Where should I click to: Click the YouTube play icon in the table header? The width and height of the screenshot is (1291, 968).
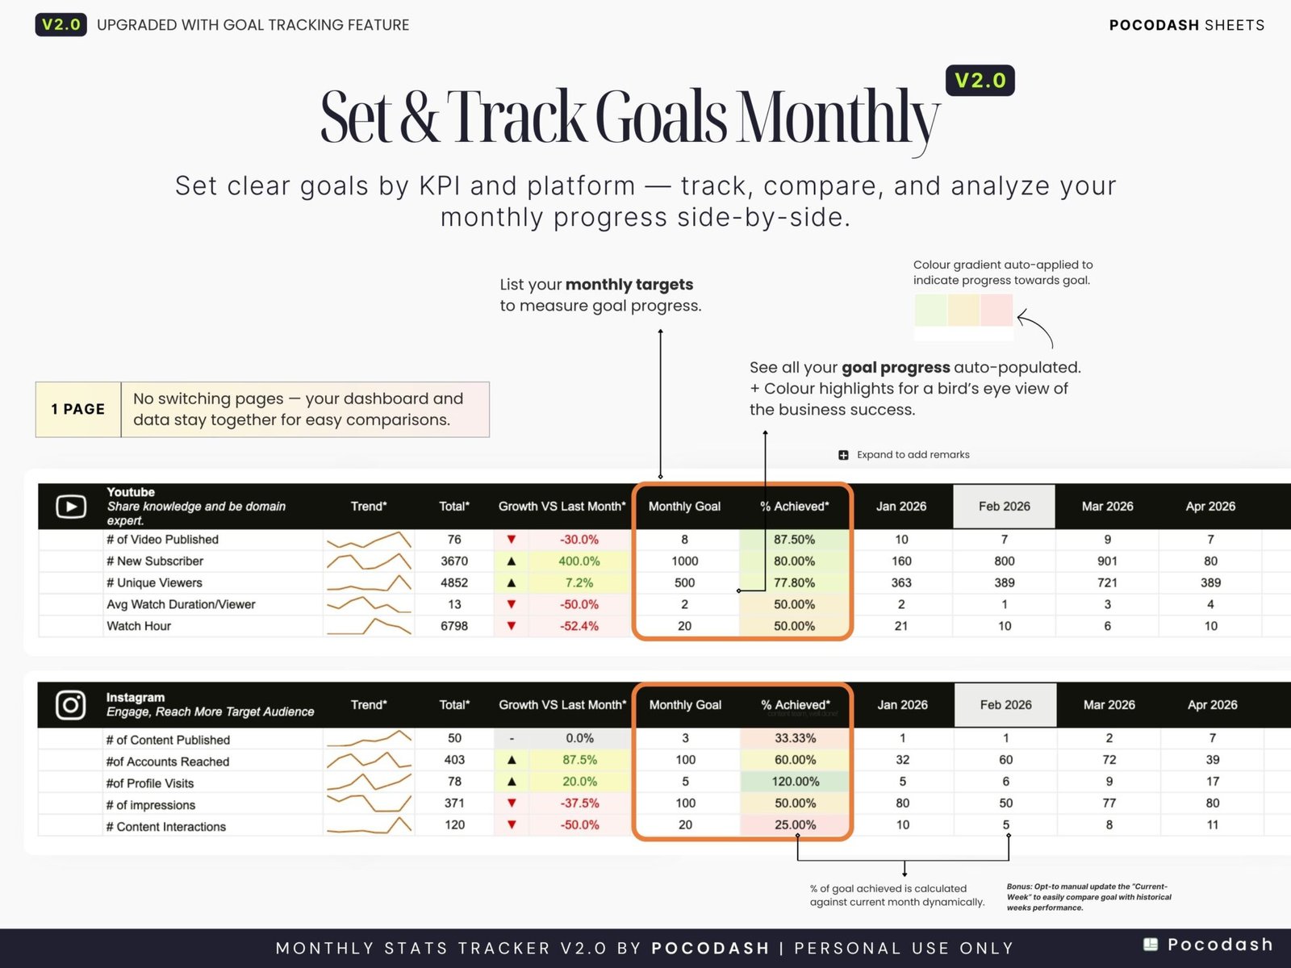click(x=71, y=507)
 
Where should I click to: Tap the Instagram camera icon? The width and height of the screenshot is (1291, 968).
click(x=71, y=704)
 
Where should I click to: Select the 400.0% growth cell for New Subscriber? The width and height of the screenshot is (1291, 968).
click(x=579, y=561)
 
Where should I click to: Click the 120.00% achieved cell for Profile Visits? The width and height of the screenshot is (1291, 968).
click(x=795, y=782)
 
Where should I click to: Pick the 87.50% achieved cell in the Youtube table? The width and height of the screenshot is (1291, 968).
click(x=794, y=539)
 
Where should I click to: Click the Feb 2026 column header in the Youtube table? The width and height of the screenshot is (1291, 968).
click(x=1004, y=507)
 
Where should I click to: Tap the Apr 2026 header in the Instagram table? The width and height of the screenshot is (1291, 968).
click(x=1211, y=705)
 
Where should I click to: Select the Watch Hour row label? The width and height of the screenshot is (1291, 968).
click(x=139, y=626)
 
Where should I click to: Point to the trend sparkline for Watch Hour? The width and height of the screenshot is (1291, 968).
click(x=369, y=626)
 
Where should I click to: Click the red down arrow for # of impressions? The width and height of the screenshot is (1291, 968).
click(x=512, y=803)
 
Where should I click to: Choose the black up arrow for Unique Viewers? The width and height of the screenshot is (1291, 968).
click(x=512, y=582)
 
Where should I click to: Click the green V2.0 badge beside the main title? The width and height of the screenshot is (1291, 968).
click(x=980, y=81)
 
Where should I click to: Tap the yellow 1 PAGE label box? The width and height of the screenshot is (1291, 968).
click(x=78, y=409)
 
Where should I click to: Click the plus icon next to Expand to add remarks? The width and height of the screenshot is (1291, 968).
click(x=843, y=455)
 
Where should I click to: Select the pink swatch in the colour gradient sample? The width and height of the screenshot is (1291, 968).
click(x=996, y=310)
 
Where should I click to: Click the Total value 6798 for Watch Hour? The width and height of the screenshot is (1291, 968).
click(x=453, y=626)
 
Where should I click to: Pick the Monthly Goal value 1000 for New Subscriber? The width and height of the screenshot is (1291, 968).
click(x=684, y=561)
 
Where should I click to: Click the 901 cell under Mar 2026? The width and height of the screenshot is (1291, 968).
click(x=1107, y=561)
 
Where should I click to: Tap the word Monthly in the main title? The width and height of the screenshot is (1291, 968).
click(x=839, y=118)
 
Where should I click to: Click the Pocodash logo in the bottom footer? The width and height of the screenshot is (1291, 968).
click(x=1208, y=945)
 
